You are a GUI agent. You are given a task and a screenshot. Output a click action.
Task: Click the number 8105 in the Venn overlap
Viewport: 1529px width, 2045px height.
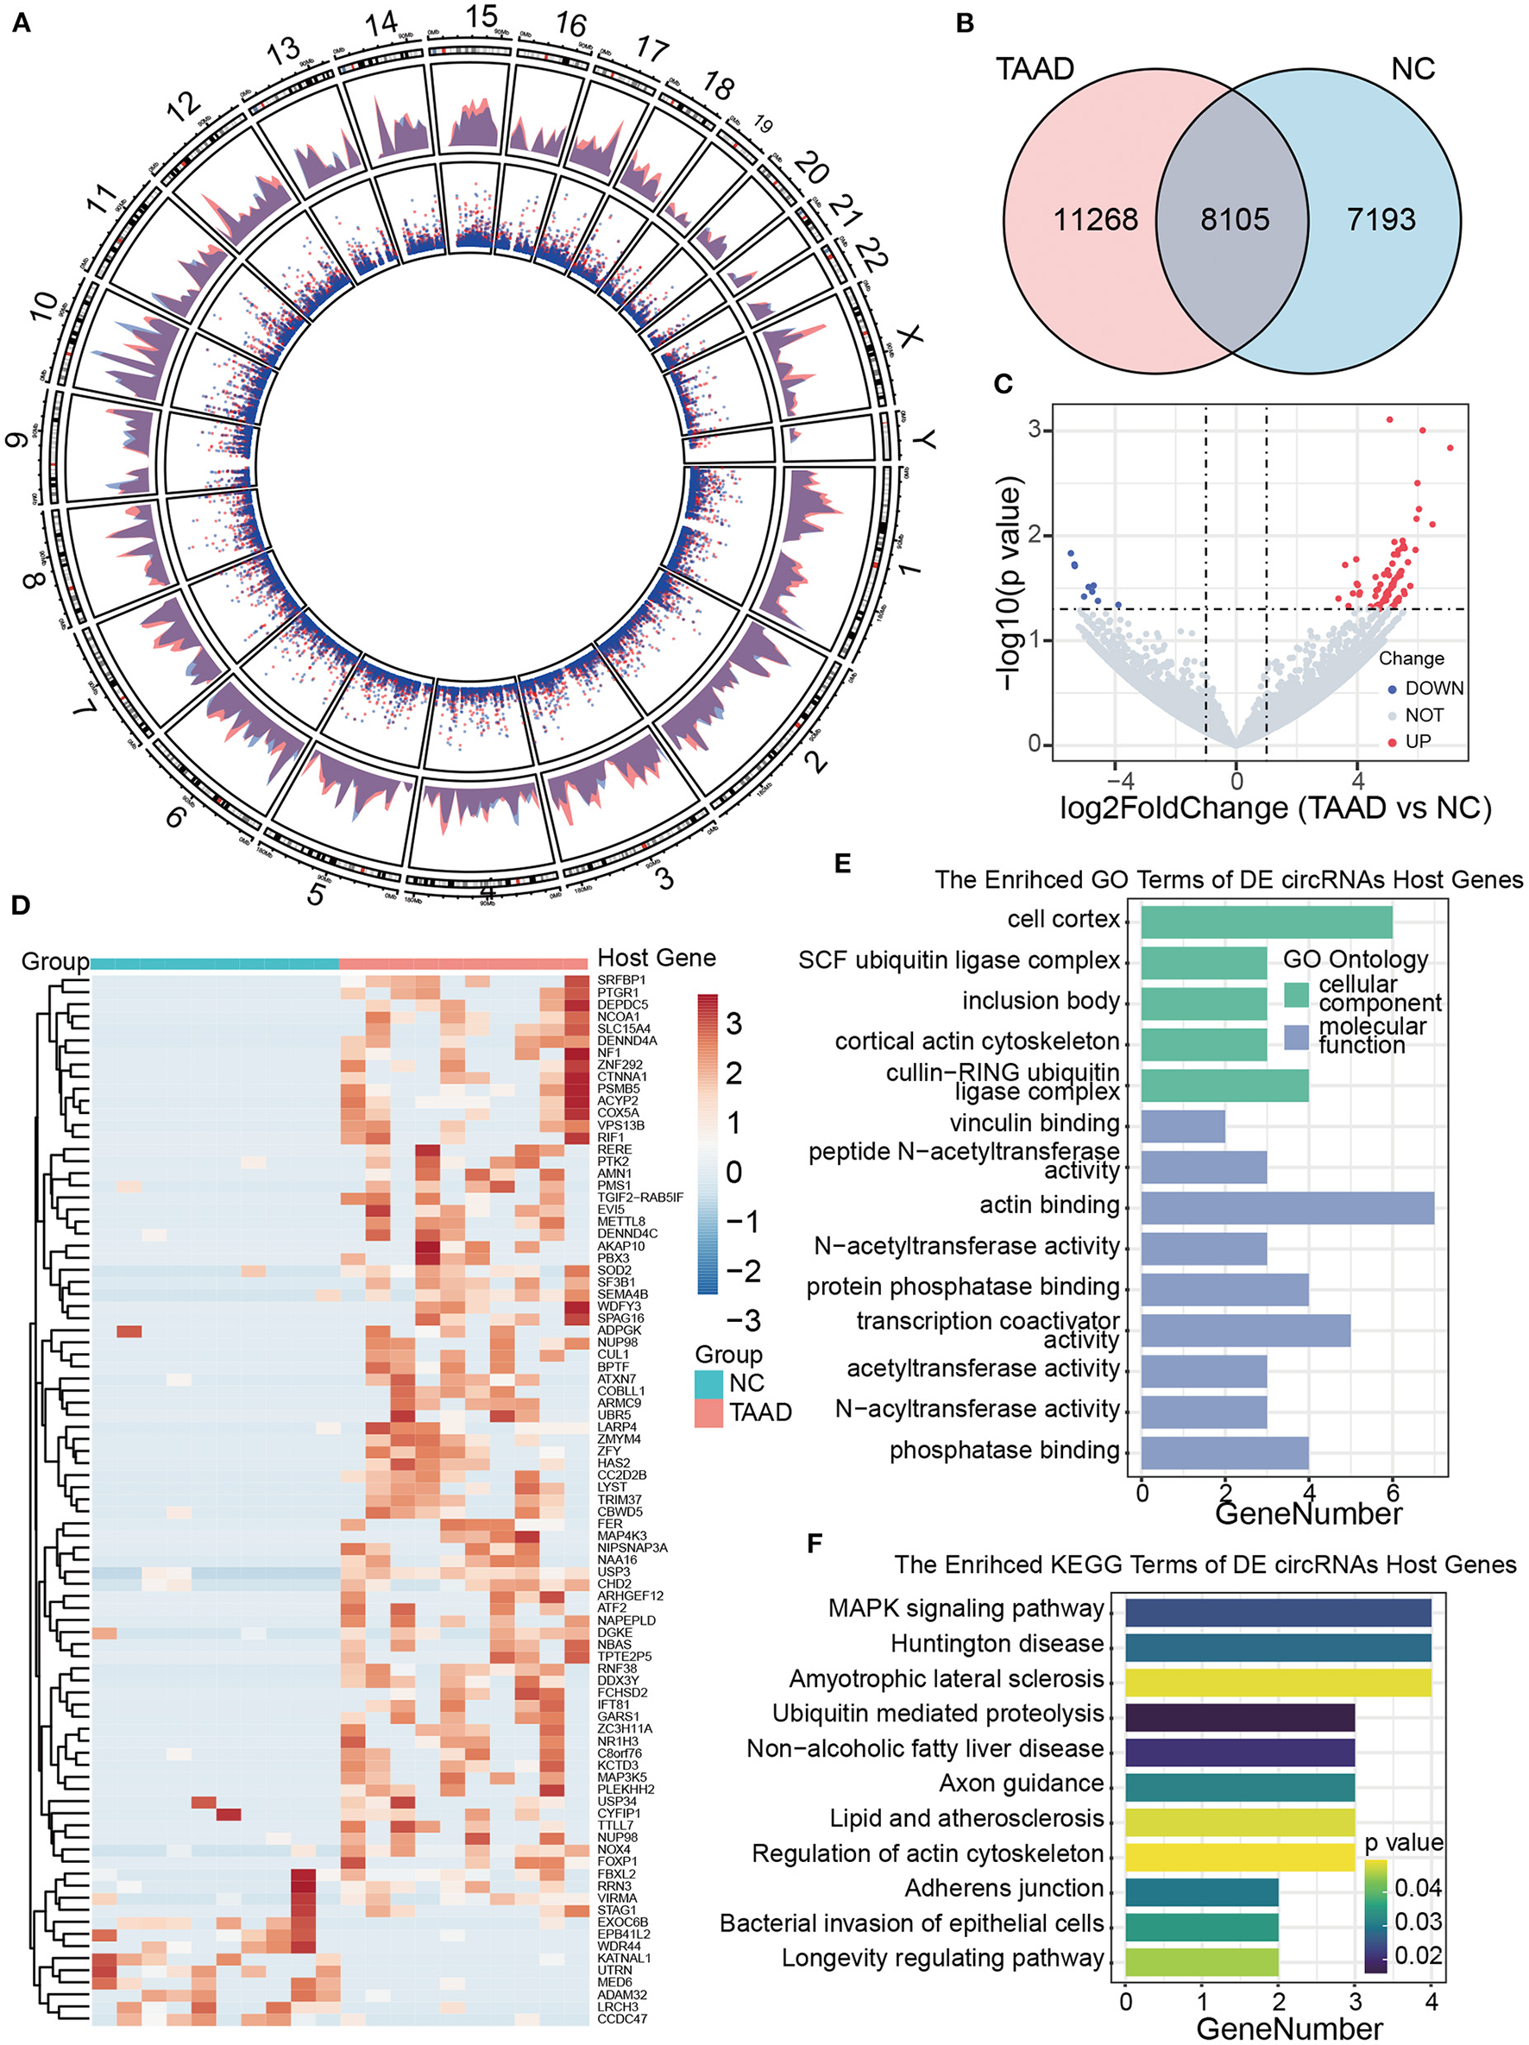pos(1234,219)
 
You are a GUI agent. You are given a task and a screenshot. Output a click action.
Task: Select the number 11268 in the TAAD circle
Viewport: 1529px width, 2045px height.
pos(1096,219)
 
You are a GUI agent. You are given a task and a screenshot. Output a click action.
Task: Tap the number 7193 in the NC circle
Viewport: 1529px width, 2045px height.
pos(1381,219)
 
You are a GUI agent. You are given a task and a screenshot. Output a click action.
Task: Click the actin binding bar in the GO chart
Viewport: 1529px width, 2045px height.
pos(1287,1207)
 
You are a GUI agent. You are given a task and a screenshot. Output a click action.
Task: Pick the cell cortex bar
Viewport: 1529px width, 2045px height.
pos(1267,922)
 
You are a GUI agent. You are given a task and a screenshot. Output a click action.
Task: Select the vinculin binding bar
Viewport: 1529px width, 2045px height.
pos(1183,1126)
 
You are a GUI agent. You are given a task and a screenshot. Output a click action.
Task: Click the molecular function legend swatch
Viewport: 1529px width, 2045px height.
pos(1297,1037)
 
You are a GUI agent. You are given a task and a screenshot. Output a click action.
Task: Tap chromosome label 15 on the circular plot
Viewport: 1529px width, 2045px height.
pos(481,16)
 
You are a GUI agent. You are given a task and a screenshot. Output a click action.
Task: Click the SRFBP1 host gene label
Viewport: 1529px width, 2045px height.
pos(621,980)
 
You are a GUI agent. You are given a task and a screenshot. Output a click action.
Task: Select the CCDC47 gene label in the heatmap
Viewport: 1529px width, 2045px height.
pos(622,2018)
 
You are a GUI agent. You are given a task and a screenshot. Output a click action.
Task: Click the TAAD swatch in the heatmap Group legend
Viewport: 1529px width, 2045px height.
pos(709,1413)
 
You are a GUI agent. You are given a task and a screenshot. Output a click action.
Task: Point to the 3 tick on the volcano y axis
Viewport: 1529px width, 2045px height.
pos(1035,430)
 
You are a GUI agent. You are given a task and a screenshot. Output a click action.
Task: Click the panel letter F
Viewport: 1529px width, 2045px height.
pos(815,1543)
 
